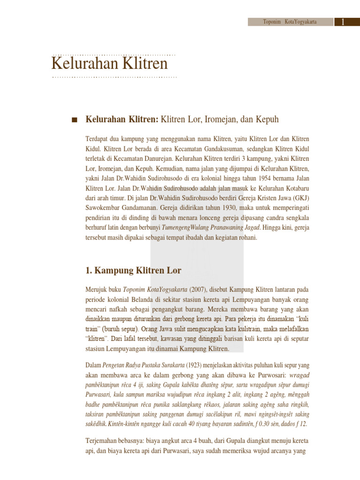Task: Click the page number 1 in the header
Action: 344,22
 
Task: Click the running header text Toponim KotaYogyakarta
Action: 290,22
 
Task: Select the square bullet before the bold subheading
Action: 74,120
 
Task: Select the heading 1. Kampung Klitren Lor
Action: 133,270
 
